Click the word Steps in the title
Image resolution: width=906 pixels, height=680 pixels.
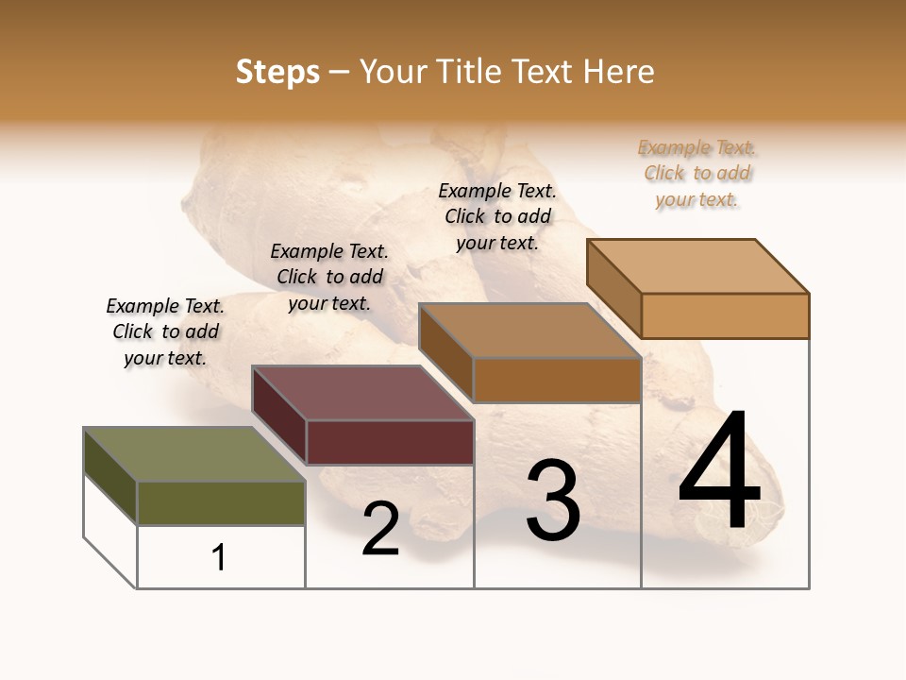(x=277, y=73)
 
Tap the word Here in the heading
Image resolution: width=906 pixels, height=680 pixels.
(x=618, y=73)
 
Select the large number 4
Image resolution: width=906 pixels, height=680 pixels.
(x=719, y=472)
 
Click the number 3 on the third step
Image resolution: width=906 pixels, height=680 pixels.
(x=553, y=501)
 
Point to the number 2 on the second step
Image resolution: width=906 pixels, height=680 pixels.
(x=380, y=530)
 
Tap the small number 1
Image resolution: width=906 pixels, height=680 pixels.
(x=219, y=558)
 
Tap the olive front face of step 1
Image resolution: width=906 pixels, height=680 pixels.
(x=222, y=502)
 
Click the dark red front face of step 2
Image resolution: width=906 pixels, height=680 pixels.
(x=390, y=442)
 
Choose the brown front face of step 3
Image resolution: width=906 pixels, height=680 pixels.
(x=557, y=380)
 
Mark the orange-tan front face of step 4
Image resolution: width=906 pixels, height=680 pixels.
(x=725, y=315)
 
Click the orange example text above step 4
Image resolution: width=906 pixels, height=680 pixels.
(x=697, y=174)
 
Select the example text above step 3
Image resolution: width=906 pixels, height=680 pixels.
(x=497, y=216)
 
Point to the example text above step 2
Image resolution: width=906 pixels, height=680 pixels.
(x=329, y=277)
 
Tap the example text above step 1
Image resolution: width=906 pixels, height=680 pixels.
(x=165, y=331)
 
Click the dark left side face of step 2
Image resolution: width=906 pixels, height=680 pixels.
(x=279, y=415)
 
